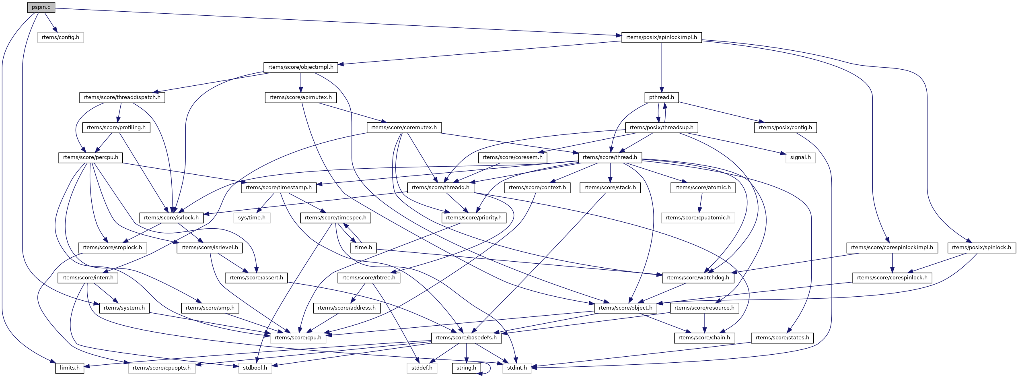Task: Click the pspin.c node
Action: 41,7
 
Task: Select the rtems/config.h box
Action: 60,37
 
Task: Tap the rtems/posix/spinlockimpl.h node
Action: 661,37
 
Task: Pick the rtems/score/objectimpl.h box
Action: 300,67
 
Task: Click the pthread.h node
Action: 661,97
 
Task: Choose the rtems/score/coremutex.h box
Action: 404,128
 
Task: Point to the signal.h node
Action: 800,157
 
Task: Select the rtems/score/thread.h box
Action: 610,157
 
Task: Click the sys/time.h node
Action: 252,218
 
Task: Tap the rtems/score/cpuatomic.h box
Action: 698,218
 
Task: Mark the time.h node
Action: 364,248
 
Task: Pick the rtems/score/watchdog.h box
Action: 697,278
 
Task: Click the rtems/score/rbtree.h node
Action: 369,278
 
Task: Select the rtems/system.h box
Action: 124,308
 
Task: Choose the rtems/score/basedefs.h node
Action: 466,338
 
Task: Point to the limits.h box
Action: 70,368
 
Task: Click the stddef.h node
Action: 422,368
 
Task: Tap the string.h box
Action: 466,368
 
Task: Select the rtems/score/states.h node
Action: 782,338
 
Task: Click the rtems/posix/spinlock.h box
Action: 981,248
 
